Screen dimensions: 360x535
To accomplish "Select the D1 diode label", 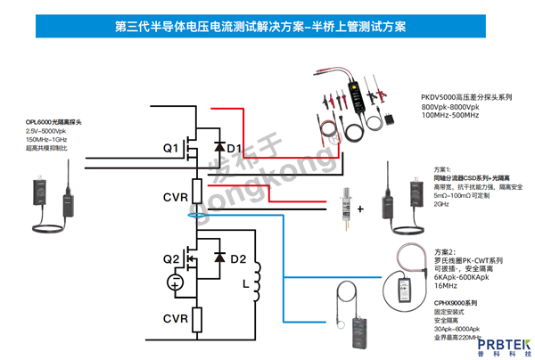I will pyautogui.click(x=234, y=147).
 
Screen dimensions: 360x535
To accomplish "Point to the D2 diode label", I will pyautogui.click(x=237, y=259).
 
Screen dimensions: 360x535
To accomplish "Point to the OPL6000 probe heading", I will pyautogui.click(x=55, y=120).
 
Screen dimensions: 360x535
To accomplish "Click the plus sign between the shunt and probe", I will pyautogui.click(x=360, y=208).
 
